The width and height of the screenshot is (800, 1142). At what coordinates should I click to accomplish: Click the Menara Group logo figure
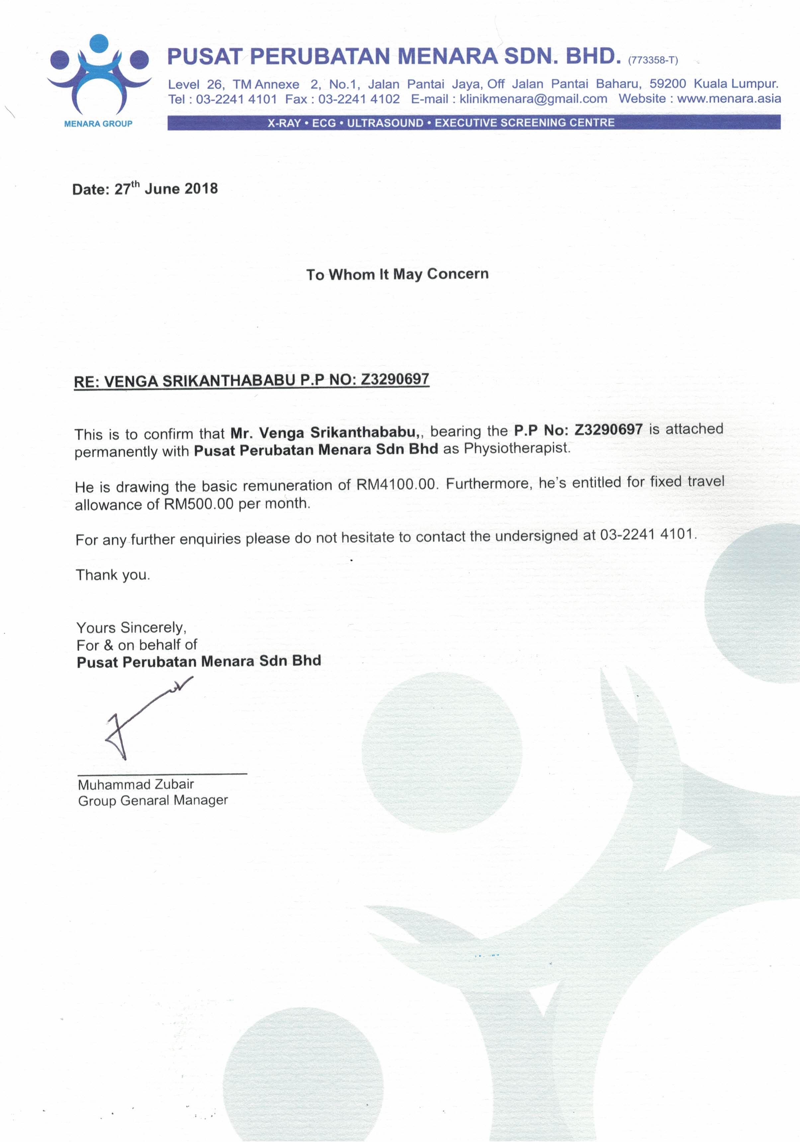click(99, 75)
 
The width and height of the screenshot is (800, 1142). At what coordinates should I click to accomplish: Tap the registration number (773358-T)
click(653, 60)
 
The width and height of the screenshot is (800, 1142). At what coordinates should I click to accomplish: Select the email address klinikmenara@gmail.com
click(533, 99)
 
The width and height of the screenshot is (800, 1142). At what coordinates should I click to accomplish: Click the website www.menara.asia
click(729, 98)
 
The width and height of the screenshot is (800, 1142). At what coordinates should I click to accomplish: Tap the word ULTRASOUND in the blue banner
click(385, 123)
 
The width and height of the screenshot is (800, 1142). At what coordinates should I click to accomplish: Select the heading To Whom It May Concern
click(397, 274)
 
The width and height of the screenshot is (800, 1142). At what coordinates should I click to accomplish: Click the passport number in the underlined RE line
click(395, 379)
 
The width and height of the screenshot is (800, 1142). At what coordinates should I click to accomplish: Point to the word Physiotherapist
click(517, 448)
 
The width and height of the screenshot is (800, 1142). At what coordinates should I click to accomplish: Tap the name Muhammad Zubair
click(136, 784)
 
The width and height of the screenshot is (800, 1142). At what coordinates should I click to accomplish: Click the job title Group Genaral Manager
click(153, 800)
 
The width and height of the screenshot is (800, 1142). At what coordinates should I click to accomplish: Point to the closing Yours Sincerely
click(131, 628)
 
